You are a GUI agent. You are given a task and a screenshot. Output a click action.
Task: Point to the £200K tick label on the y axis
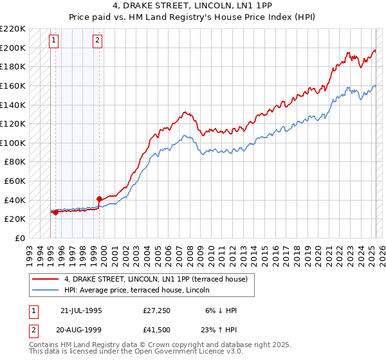tap(13, 48)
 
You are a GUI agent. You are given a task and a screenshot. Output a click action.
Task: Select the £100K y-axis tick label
tap(13, 143)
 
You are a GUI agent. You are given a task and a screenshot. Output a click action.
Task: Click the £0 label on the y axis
tap(19, 238)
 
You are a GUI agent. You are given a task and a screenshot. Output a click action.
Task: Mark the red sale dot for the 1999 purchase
tap(99, 199)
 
